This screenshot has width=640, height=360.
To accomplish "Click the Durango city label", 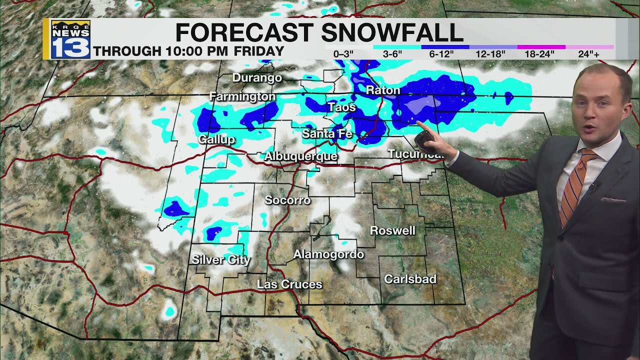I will coord(257,78).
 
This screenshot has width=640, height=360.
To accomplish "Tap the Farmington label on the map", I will coord(242,96).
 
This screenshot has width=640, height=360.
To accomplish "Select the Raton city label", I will coord(383,90).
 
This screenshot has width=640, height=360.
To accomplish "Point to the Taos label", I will coord(342,107).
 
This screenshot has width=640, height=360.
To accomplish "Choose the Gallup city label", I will coord(216,139).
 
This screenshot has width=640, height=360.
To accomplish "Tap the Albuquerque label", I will coord(301,156).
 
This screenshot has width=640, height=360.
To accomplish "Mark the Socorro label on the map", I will coord(287,200).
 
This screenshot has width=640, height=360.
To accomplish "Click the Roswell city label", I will coord(392,230).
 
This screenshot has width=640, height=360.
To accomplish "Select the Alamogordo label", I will coord(328,254).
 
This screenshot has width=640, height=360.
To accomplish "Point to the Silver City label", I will coord(221,259).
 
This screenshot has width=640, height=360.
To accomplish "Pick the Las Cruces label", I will coord(289,284).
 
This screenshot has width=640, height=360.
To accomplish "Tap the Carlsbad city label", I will coord(410,279).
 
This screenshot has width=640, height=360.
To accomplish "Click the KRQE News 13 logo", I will coord(70,39).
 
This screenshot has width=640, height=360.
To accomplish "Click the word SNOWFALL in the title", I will coord(392,33).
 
